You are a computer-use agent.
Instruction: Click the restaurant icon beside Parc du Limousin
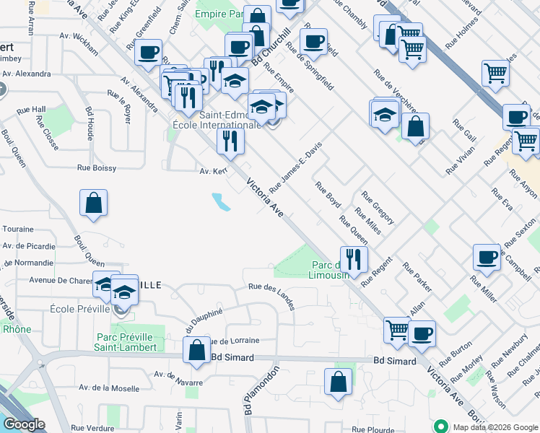[x=354, y=258]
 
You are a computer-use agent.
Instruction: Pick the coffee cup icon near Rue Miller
[x=487, y=257]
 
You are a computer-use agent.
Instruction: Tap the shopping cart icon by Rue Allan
[x=397, y=330]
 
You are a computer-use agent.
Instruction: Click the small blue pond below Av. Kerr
[x=221, y=202]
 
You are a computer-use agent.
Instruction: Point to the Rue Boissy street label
[x=97, y=168]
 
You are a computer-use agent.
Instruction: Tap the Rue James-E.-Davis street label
[x=295, y=167]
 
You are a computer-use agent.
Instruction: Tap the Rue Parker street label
[x=418, y=278]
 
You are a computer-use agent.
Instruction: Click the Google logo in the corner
[x=25, y=424]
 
